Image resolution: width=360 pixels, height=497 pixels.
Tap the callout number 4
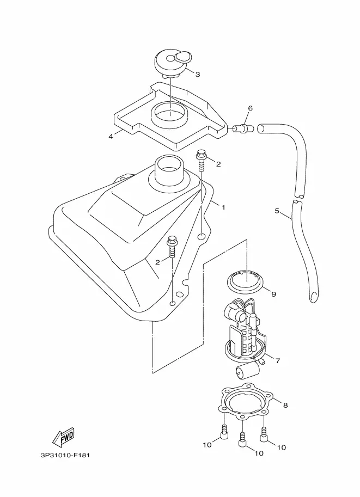(x=111, y=136)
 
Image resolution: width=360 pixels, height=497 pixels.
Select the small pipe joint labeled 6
(x=243, y=128)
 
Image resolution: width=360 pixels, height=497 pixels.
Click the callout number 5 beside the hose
(x=277, y=211)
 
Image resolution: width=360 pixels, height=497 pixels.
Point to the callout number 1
(x=223, y=207)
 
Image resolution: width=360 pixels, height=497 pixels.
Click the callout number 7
(x=278, y=360)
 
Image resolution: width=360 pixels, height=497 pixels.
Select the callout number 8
(x=285, y=405)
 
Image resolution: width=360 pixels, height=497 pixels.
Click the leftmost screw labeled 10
(x=224, y=432)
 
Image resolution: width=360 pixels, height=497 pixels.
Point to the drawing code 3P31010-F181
(x=65, y=456)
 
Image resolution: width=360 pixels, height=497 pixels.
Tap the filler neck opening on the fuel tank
(x=168, y=165)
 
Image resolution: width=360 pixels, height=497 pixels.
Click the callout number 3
(x=198, y=75)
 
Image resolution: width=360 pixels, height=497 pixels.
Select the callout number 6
(x=250, y=108)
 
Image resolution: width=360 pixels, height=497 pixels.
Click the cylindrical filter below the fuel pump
(x=247, y=371)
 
